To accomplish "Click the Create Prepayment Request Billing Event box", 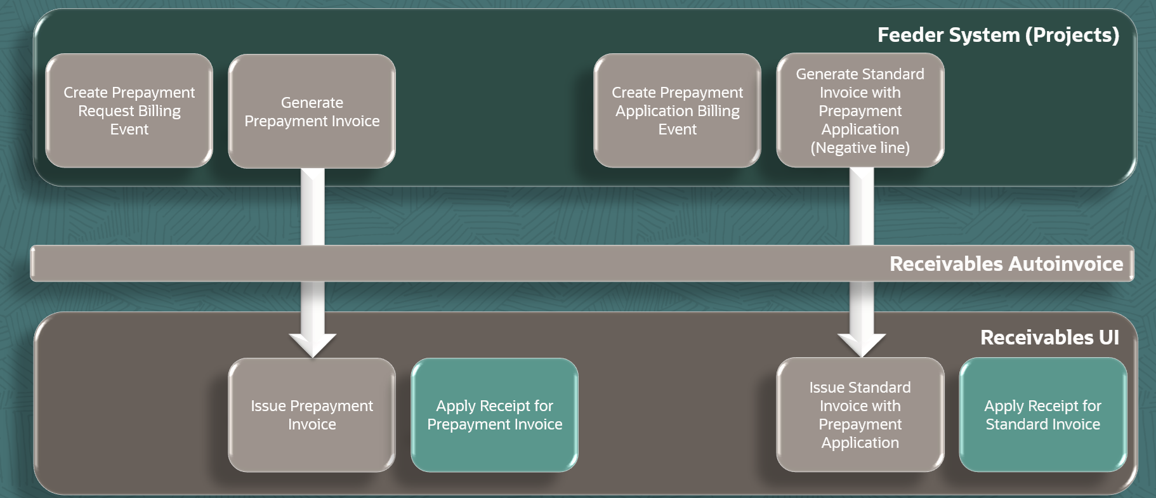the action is pyautogui.click(x=129, y=110).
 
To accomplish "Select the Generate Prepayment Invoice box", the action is pyautogui.click(x=312, y=111).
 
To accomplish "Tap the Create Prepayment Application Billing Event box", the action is pyautogui.click(x=678, y=110).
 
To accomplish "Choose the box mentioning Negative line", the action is pyautogui.click(x=860, y=110).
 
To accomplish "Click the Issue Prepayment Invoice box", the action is pyautogui.click(x=312, y=415).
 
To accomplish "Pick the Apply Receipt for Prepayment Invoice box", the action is pyautogui.click(x=495, y=415).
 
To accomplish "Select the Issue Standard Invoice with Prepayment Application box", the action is pyautogui.click(x=860, y=415).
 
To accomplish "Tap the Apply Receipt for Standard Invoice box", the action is pyautogui.click(x=1043, y=415).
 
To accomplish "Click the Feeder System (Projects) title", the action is pyautogui.click(x=998, y=35).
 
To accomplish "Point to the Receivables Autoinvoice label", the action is pyautogui.click(x=1006, y=264).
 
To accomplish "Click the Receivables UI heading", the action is pyautogui.click(x=1050, y=337).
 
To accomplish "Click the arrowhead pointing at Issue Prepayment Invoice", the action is pyautogui.click(x=313, y=345).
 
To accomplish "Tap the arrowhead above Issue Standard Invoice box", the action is pyautogui.click(x=862, y=345).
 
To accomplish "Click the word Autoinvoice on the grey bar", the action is pyautogui.click(x=1065, y=264).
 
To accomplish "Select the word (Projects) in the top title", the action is pyautogui.click(x=1072, y=35).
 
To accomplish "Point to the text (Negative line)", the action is pyautogui.click(x=860, y=148).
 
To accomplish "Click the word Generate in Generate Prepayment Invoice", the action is pyautogui.click(x=312, y=103).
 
